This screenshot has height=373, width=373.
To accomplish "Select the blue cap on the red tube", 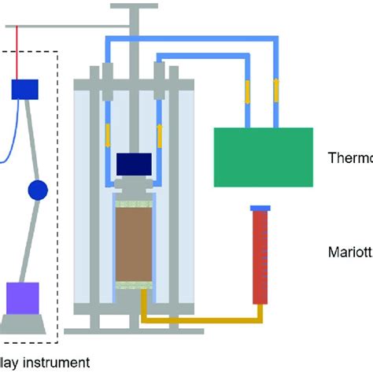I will (x=260, y=208).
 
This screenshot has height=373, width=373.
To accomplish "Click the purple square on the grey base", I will (x=21, y=297).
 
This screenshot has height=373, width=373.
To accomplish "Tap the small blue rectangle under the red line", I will (x=24, y=89).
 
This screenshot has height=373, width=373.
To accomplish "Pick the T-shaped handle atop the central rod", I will (x=136, y=9).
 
